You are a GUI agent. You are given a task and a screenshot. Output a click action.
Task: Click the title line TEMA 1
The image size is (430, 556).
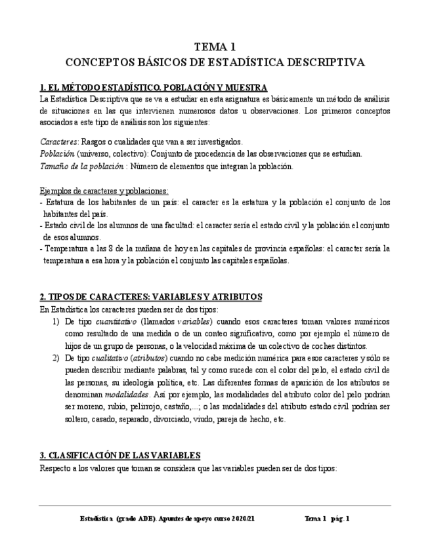pos(215,47)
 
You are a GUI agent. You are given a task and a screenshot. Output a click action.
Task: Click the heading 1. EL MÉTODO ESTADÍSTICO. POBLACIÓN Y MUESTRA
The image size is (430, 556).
pos(153,87)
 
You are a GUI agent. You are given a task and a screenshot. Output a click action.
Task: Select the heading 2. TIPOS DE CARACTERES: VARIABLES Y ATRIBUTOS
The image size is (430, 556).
pos(151,296)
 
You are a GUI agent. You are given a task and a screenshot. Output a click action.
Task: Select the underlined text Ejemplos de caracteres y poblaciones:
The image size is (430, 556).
pos(104,191)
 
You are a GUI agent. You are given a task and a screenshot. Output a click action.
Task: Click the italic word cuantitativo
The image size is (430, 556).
pos(116,322)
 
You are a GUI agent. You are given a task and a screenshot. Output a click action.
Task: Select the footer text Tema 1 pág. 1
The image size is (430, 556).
pos(327,518)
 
